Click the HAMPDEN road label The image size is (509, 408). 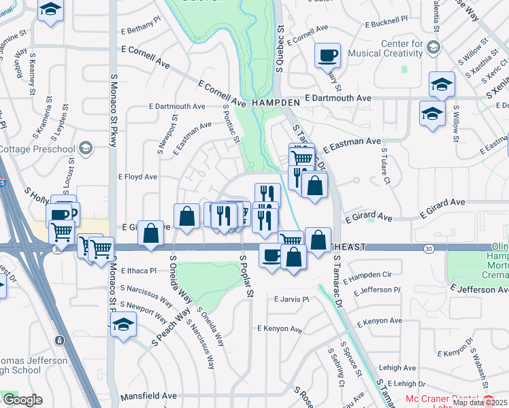276,102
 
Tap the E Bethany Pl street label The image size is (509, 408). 140,31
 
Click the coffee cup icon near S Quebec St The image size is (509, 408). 328,55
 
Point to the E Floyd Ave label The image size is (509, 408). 138,177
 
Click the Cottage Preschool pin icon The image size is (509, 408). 85,148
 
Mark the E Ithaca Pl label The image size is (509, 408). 138,270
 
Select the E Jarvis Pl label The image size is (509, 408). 292,299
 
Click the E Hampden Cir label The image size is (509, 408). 367,276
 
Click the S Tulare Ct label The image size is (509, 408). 384,165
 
